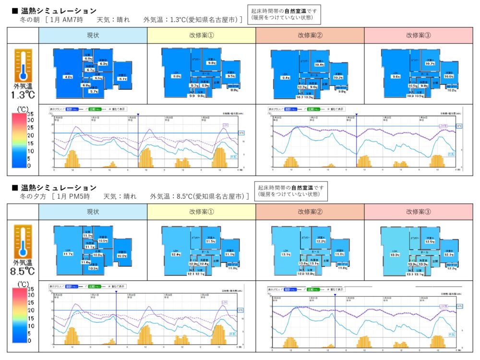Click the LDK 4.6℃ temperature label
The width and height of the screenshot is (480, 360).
(x=68, y=76)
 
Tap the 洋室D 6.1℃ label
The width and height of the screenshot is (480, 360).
(x=122, y=79)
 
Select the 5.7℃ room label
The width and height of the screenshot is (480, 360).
(x=94, y=91)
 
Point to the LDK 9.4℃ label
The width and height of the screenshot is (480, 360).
(x=286, y=77)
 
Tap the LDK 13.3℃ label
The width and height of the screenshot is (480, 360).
(x=395, y=255)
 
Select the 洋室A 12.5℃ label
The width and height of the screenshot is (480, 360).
(x=430, y=242)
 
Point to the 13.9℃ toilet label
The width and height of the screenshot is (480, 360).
(x=412, y=264)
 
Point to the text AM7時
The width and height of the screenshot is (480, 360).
(x=72, y=20)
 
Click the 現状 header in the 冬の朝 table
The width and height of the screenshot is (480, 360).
(x=93, y=36)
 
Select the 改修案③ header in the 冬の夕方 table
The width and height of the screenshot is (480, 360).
(x=418, y=212)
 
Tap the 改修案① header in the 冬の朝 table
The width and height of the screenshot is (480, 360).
(x=202, y=36)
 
